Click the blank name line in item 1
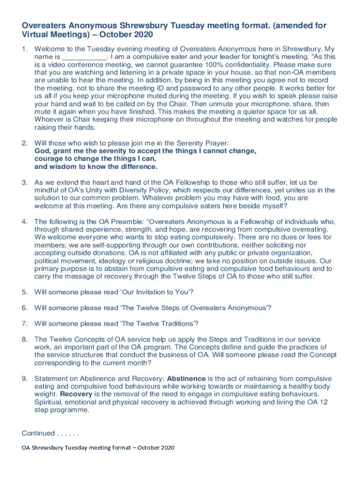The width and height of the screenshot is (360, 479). [84, 57]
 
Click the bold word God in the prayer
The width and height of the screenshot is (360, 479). [43, 152]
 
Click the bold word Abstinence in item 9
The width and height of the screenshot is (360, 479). [186, 378]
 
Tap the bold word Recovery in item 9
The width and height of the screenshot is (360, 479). [76, 394]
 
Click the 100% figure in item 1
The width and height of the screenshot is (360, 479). [218, 65]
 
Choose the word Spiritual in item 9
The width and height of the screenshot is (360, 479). [50, 402]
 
